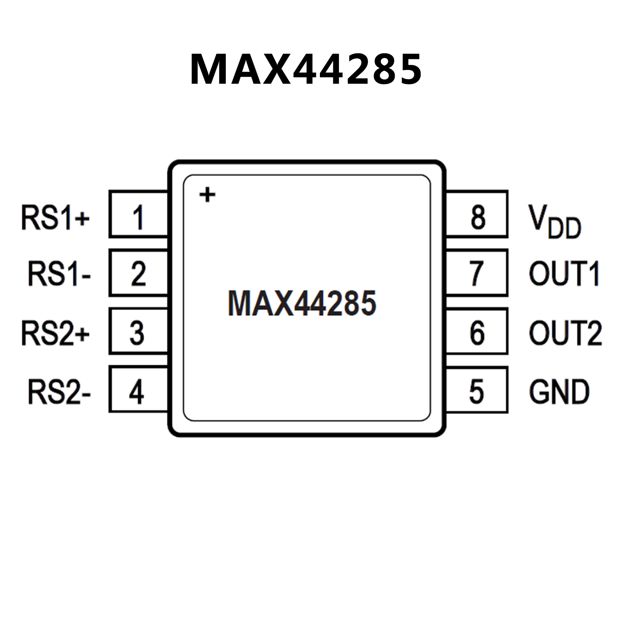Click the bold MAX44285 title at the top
[306, 69]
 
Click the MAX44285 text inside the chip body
[302, 303]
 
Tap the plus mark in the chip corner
[208, 195]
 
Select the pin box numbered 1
[138, 214]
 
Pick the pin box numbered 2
[138, 273]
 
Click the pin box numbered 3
[138, 332]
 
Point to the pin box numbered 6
[477, 332]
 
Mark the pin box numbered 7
[477, 273]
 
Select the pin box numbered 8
[477, 214]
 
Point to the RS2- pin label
[59, 391]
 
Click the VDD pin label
[555, 221]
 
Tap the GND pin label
[559, 391]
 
